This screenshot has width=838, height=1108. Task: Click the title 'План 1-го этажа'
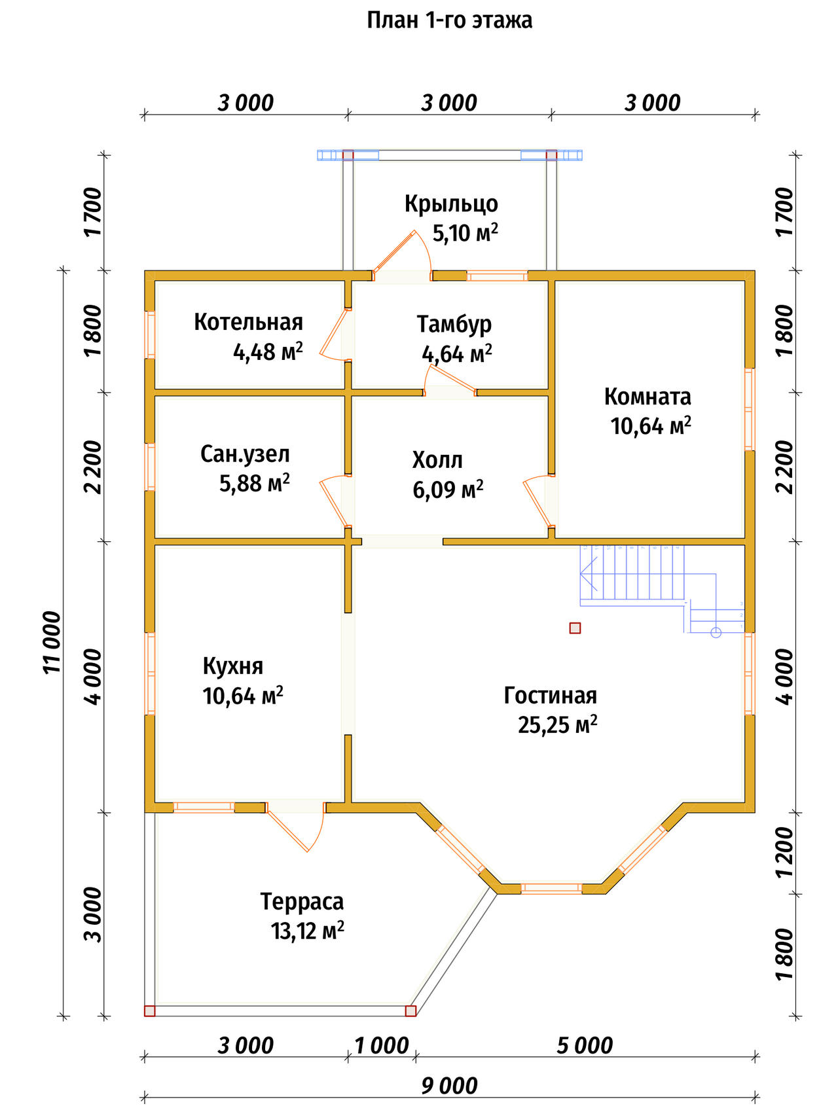click(449, 20)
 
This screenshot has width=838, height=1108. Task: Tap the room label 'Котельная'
click(248, 322)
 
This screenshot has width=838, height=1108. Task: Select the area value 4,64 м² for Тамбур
click(457, 354)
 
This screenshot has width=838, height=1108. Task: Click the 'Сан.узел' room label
click(245, 454)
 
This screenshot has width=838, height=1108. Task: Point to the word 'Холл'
click(437, 460)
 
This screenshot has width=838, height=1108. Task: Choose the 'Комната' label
click(647, 397)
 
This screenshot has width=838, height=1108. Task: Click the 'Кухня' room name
click(233, 666)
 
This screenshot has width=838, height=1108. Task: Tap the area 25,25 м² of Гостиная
click(558, 724)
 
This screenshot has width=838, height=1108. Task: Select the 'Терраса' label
click(302, 901)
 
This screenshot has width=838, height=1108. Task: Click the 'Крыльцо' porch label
click(451, 204)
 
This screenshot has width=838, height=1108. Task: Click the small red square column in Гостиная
click(575, 628)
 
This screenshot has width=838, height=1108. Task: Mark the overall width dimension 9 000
click(449, 1086)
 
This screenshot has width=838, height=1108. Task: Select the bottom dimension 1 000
click(382, 1046)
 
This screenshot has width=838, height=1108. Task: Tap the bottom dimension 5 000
click(585, 1046)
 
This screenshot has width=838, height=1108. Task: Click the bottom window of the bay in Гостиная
click(551, 888)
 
